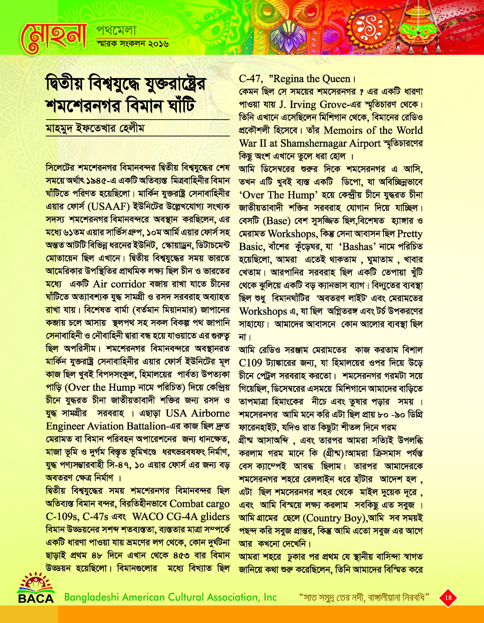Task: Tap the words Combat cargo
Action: (x=199, y=504)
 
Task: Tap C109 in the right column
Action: (x=250, y=363)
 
